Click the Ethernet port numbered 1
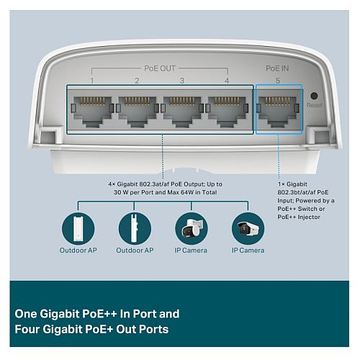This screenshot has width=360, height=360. click(x=92, y=112)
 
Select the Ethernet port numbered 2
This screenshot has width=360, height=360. click(x=138, y=112)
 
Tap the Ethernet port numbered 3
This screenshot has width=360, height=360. click(x=182, y=112)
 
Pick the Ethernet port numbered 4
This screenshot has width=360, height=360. click(x=227, y=112)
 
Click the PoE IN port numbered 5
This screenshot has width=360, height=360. click(x=278, y=112)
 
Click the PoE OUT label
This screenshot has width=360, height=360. click(x=160, y=68)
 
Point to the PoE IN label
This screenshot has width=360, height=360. click(x=277, y=68)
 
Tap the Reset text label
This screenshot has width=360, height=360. click(x=314, y=105)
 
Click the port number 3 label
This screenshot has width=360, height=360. click(x=182, y=81)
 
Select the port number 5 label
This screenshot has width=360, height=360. click(x=278, y=81)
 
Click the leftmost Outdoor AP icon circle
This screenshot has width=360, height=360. click(x=78, y=228)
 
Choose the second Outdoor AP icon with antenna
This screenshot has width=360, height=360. click(x=135, y=228)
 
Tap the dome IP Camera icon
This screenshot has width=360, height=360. click(x=192, y=228)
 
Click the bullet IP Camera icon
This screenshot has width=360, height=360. click(x=248, y=228)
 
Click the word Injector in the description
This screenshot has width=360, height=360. click(x=309, y=217)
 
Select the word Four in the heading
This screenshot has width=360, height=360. click(x=27, y=329)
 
